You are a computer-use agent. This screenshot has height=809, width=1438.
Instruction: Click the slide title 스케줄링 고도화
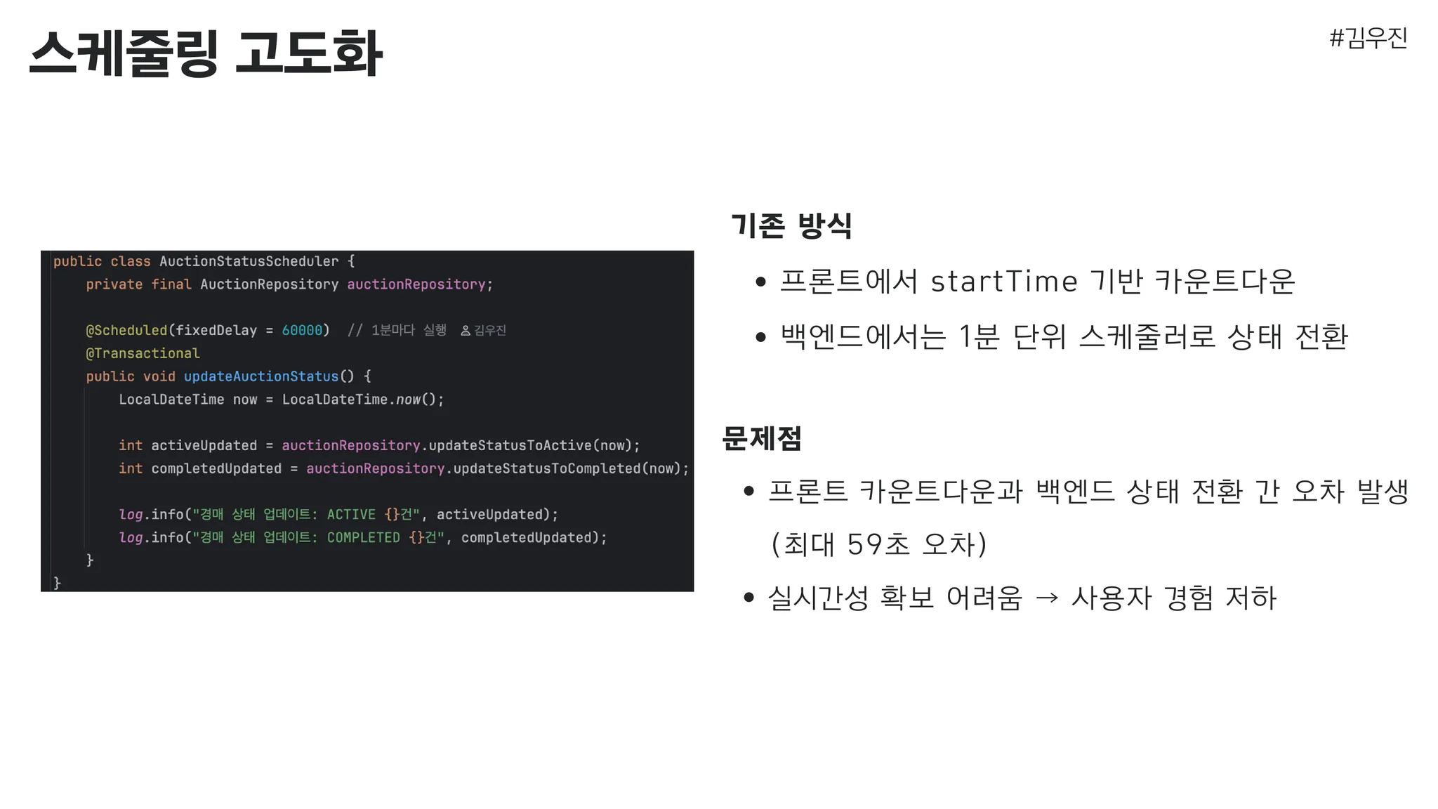tap(206, 53)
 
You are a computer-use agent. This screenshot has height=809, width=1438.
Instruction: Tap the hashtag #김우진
tap(1368, 38)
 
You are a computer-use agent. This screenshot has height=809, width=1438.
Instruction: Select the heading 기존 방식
tap(791, 225)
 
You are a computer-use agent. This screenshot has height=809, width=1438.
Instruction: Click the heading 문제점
tap(762, 438)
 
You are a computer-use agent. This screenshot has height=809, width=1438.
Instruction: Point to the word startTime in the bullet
tap(1004, 282)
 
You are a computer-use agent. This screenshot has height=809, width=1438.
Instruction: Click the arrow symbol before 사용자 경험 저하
tap(1047, 598)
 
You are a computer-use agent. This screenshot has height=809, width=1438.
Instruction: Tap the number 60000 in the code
tap(302, 330)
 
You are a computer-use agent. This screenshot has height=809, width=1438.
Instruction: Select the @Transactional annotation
tap(143, 353)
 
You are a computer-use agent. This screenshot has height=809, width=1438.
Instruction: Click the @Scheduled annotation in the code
tap(126, 330)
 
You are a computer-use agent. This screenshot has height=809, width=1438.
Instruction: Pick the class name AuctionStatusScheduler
tap(249, 261)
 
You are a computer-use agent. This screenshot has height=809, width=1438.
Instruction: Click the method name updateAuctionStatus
tap(261, 376)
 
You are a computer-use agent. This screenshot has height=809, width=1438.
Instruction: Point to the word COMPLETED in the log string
tap(364, 537)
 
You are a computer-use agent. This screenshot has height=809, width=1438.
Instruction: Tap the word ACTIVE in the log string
tap(351, 514)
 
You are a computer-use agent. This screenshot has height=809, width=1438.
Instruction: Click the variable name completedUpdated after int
tap(216, 468)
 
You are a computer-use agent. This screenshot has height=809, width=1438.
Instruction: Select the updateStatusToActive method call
tap(510, 445)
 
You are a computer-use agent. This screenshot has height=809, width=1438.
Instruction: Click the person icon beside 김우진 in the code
tap(466, 330)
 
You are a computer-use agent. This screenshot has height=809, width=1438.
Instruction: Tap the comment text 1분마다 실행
tap(409, 330)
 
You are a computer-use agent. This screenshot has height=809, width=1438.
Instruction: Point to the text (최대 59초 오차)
tap(879, 544)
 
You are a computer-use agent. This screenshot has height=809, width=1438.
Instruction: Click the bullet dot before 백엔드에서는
tap(760, 338)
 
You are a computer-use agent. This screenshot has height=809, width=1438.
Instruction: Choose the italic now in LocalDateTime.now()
tap(408, 400)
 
